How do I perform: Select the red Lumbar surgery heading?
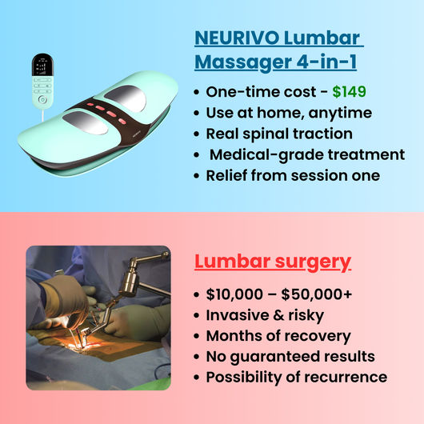pos(273,261)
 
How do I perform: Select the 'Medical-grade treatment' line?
pos(295,154)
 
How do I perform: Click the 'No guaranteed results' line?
pos(290,356)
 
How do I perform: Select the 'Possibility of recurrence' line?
pos(296,377)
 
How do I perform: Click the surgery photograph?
pos(98,317)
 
